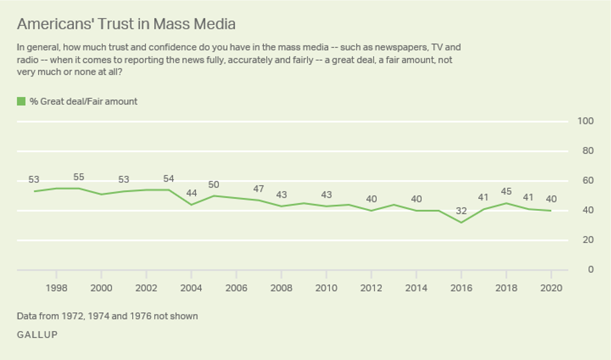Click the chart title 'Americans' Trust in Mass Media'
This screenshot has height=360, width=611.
tap(126, 24)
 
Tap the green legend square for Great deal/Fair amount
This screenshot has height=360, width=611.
tap(21, 101)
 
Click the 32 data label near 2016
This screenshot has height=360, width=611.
tap(461, 211)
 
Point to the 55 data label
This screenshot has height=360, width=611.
tap(79, 177)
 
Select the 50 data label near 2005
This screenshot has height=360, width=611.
tap(213, 185)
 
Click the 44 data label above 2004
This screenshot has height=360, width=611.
tap(191, 193)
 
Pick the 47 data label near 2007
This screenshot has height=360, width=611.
tap(258, 189)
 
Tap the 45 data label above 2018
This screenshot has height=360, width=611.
tap(506, 191)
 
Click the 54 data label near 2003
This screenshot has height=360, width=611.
tap(169, 179)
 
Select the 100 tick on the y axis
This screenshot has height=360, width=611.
tap(585, 121)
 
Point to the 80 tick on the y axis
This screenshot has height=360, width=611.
tap(588, 151)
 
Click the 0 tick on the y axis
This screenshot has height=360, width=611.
tap(590, 269)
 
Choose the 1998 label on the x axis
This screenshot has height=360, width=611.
tap(56, 288)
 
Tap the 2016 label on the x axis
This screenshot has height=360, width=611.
tap(461, 288)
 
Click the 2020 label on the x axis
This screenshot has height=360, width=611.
tap(551, 288)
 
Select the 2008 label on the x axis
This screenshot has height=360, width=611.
tap(281, 288)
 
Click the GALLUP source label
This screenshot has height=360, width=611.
tap(37, 335)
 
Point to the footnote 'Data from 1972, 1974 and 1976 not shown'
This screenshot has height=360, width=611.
tap(107, 316)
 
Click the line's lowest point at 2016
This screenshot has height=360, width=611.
tap(461, 223)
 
